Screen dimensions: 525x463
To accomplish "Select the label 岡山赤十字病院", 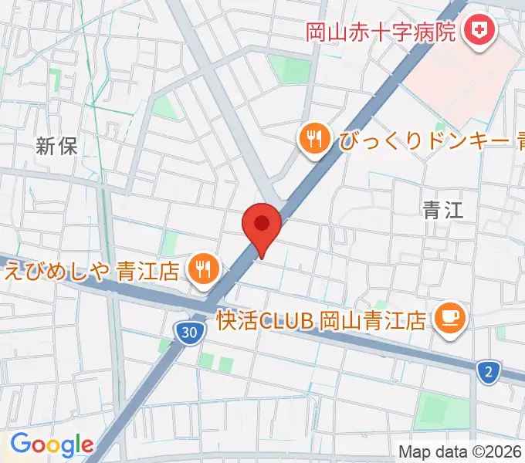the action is pos(381,32).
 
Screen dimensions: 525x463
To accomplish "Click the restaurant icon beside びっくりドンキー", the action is pos(313,139).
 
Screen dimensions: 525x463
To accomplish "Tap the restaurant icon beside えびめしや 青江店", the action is pos(204,269).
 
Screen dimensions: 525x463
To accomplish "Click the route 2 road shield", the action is pos(488,372).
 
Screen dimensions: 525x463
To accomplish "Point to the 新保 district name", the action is pos(57,145).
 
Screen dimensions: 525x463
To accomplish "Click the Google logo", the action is pos(51,444).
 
